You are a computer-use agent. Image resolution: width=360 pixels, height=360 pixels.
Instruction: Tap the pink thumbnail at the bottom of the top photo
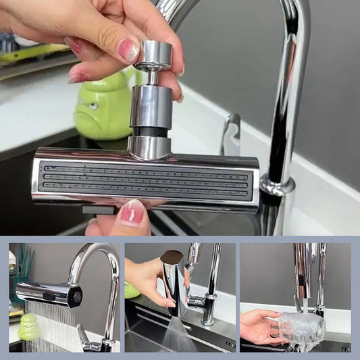click(x=132, y=213)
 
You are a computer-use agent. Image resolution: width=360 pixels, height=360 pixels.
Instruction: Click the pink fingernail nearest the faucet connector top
click(x=128, y=50)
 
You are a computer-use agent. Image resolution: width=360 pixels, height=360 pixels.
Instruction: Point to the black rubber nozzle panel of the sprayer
click(x=145, y=180)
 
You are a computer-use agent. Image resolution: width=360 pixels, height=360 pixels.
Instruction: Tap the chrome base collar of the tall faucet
click(x=277, y=184)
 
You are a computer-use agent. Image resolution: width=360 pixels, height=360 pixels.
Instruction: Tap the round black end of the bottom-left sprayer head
click(x=76, y=295)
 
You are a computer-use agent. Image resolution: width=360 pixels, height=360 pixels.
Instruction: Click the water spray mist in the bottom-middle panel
click(x=180, y=334)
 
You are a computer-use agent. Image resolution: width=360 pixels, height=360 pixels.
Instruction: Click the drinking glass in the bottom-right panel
click(x=302, y=328)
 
